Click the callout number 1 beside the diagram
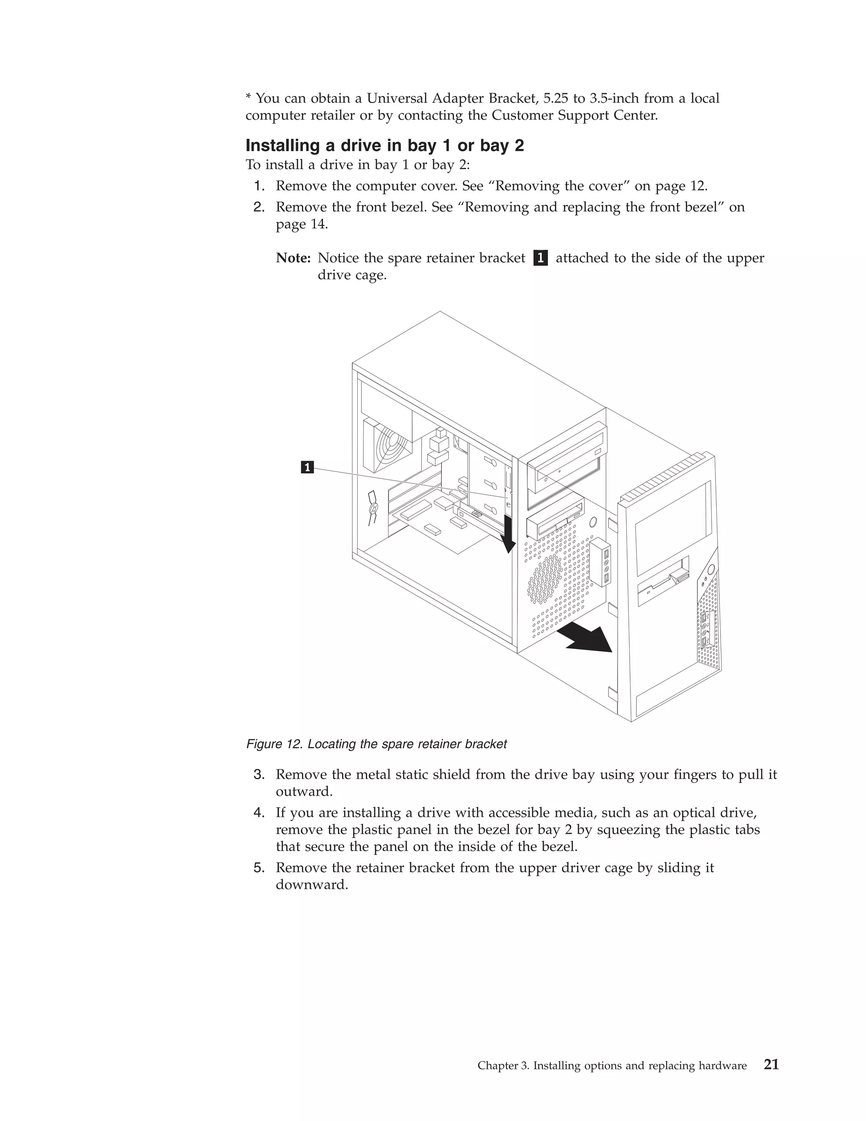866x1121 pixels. (307, 467)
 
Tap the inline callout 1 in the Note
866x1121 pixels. (540, 258)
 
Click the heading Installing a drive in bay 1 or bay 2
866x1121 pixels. (384, 146)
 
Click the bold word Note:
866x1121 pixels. (293, 258)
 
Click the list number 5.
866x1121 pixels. (259, 868)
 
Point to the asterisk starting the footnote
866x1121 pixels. (248, 98)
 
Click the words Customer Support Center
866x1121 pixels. (574, 115)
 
